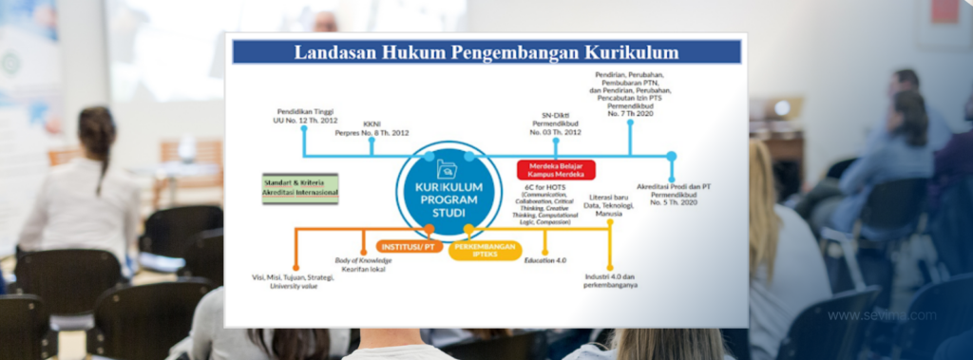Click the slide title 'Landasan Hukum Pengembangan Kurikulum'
coord(486,52)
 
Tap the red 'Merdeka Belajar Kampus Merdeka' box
coord(556,170)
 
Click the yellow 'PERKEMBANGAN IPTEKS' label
coord(486,251)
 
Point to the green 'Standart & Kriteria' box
coord(300,188)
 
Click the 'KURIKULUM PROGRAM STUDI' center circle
coord(448,191)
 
